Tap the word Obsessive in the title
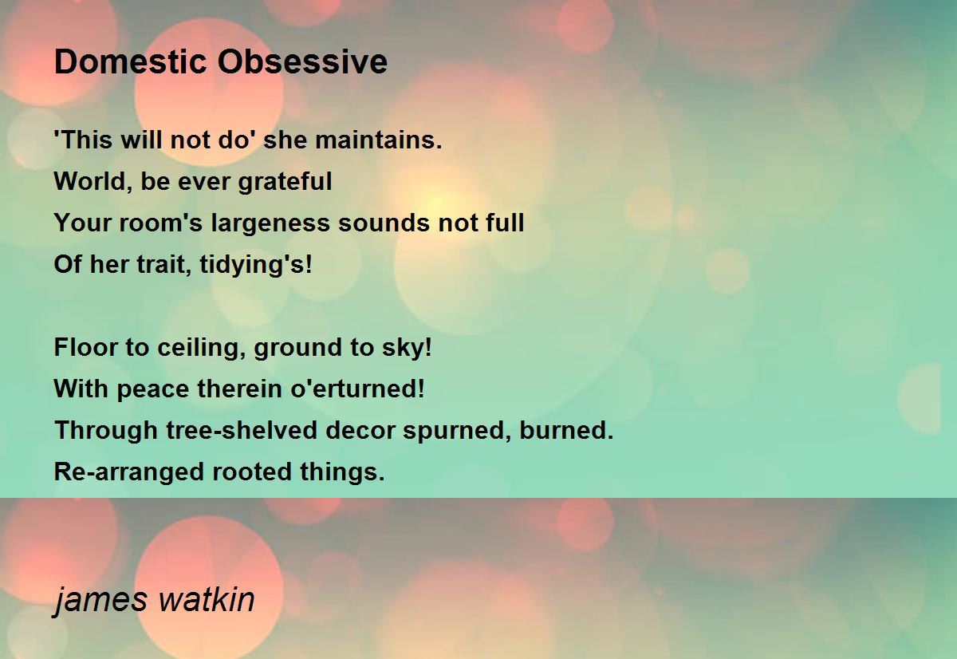pyautogui.click(x=302, y=61)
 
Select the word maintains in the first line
pyautogui.click(x=379, y=140)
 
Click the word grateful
pyautogui.click(x=285, y=182)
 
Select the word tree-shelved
pyautogui.click(x=242, y=430)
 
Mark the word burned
pyautogui.click(x=566, y=430)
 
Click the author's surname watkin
pyautogui.click(x=207, y=599)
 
